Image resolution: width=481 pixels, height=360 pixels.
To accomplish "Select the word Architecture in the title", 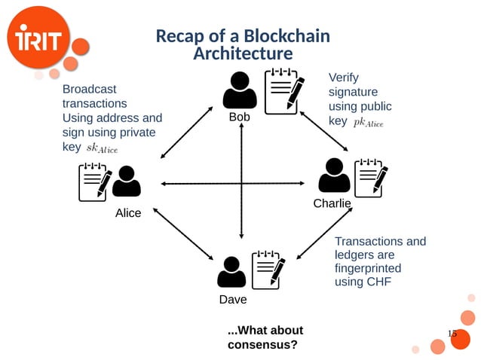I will click(242, 53).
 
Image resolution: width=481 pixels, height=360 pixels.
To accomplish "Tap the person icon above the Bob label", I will click(240, 90).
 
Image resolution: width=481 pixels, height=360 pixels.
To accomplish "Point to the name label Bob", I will click(240, 117).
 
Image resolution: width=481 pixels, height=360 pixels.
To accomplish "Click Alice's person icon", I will click(126, 182).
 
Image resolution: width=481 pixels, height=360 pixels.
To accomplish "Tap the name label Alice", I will click(128, 213).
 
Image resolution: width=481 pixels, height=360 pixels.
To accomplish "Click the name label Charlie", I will click(332, 204).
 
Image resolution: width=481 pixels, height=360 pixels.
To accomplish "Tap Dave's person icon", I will click(231, 272).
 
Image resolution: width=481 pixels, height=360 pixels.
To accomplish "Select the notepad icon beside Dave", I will click(268, 270).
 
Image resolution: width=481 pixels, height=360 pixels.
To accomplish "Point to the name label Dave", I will click(233, 300).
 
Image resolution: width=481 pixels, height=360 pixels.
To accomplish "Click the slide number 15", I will click(452, 334).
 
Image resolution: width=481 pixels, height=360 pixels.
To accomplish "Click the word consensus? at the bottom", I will click(262, 345).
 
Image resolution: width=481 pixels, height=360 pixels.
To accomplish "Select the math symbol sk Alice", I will click(102, 148).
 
